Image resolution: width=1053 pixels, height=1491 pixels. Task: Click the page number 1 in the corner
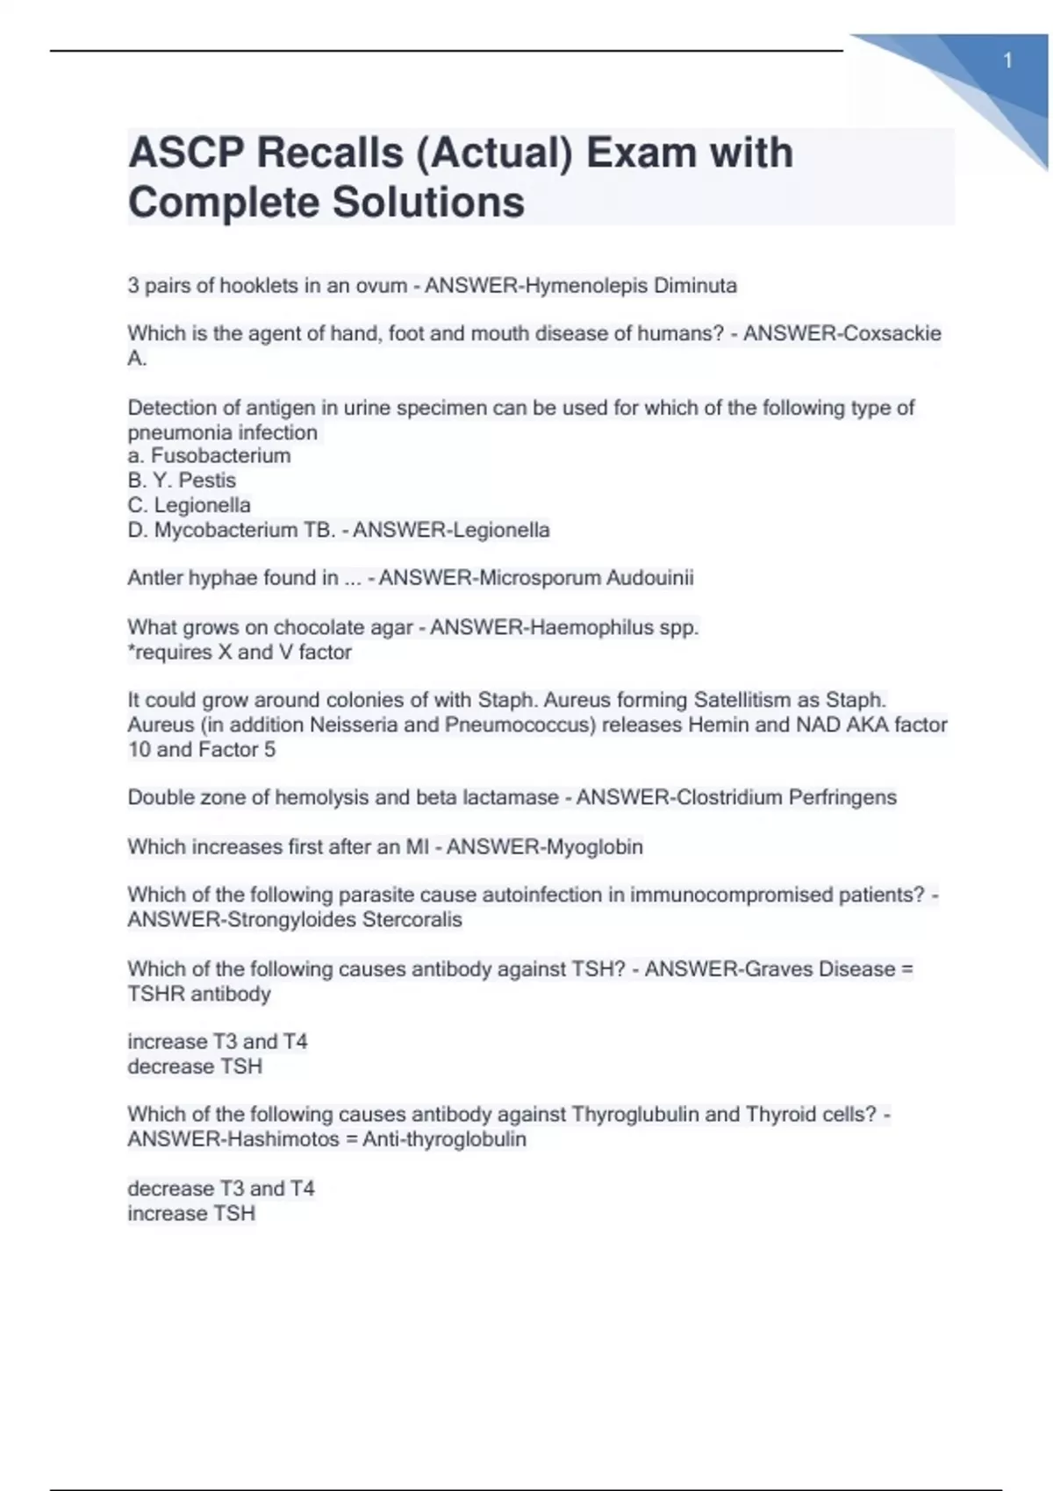tap(1008, 61)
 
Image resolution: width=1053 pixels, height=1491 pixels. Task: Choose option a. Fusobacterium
tap(209, 456)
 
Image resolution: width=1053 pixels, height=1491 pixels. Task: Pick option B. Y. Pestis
tap(182, 481)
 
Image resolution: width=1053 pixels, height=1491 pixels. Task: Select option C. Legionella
tap(190, 505)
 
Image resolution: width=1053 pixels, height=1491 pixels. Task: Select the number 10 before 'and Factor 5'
tap(139, 750)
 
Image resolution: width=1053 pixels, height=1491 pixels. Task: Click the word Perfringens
tap(842, 797)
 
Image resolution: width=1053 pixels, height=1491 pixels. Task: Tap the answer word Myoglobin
tap(594, 846)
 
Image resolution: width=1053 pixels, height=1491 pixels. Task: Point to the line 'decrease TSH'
tap(195, 1067)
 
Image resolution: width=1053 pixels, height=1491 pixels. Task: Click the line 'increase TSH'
tap(191, 1214)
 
